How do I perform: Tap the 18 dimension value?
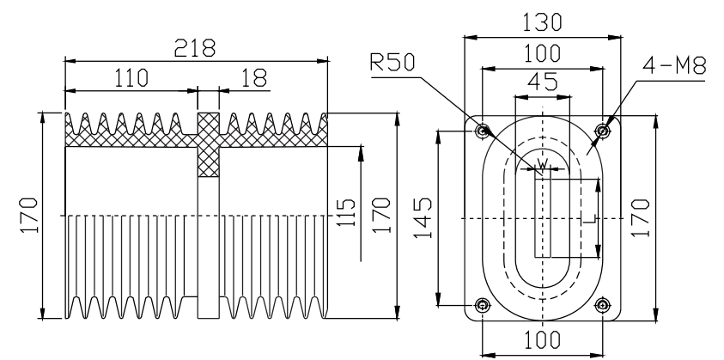pyautogui.click(x=253, y=78)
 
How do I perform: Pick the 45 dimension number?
pyautogui.click(x=543, y=83)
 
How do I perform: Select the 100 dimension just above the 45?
pyautogui.click(x=543, y=54)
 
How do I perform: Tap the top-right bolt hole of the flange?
pyautogui.click(x=603, y=131)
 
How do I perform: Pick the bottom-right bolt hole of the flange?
pyautogui.click(x=603, y=305)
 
